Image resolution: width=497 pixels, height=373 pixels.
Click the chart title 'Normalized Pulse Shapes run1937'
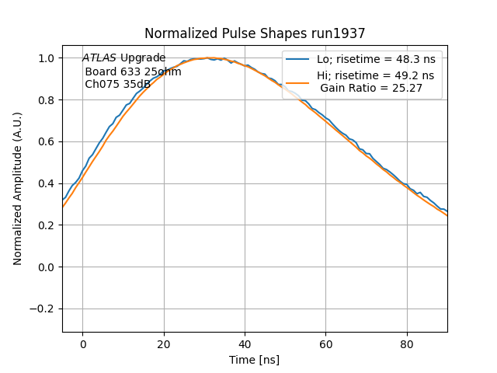click(255, 33)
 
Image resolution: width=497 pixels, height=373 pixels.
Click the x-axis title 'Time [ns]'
click(254, 360)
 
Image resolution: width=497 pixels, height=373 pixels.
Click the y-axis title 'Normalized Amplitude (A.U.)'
click(17, 189)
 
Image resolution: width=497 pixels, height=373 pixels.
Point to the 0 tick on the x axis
click(82, 345)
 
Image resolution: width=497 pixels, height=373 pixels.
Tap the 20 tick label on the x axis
click(164, 345)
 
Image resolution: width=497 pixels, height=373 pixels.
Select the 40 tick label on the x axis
click(245, 345)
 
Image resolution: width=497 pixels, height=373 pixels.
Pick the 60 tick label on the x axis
click(326, 345)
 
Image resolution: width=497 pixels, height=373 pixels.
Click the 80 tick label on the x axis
click(407, 345)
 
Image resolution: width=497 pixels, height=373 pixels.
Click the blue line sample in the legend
click(298, 59)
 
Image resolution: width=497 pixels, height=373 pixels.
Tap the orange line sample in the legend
click(298, 82)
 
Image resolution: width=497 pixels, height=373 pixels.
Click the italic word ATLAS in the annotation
click(99, 58)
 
